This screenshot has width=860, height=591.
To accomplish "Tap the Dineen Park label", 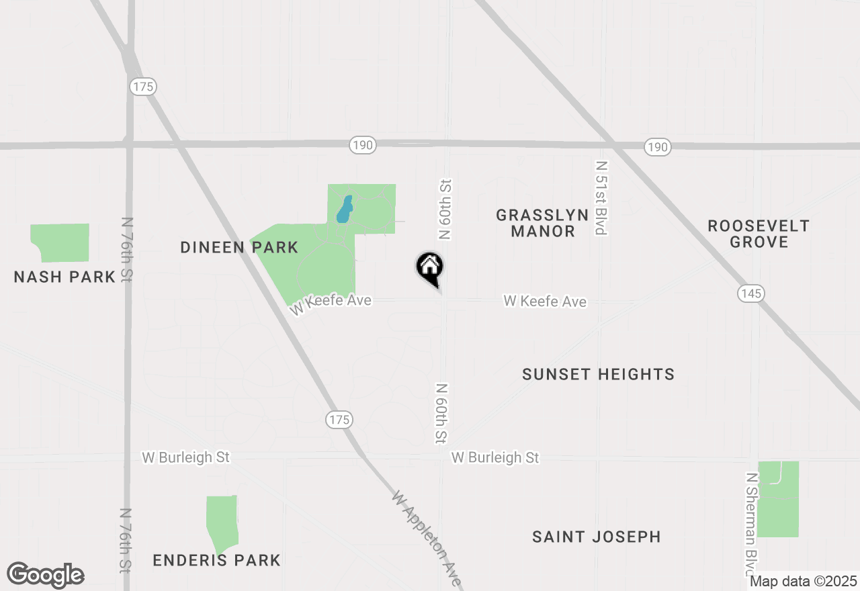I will point(239,248).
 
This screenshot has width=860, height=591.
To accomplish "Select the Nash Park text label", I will point(64,277).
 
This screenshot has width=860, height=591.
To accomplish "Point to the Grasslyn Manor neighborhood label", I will point(542,223).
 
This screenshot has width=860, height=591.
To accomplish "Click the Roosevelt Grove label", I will point(759,234).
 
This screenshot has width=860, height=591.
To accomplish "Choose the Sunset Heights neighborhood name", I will point(598,374).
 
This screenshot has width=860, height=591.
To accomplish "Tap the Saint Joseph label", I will point(596,537).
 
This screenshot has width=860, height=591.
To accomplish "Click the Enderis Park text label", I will point(216,560).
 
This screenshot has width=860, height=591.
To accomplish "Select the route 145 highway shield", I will point(750,293).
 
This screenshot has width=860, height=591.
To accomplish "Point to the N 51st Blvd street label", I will point(601,198).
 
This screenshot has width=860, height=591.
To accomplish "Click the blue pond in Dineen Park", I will point(344,210).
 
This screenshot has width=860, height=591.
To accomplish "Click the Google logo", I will point(46,576).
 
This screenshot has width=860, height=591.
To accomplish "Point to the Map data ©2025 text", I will point(803,582).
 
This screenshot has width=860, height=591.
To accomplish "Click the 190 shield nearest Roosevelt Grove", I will point(658,147).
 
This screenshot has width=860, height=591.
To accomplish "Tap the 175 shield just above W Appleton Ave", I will point(339,420).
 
